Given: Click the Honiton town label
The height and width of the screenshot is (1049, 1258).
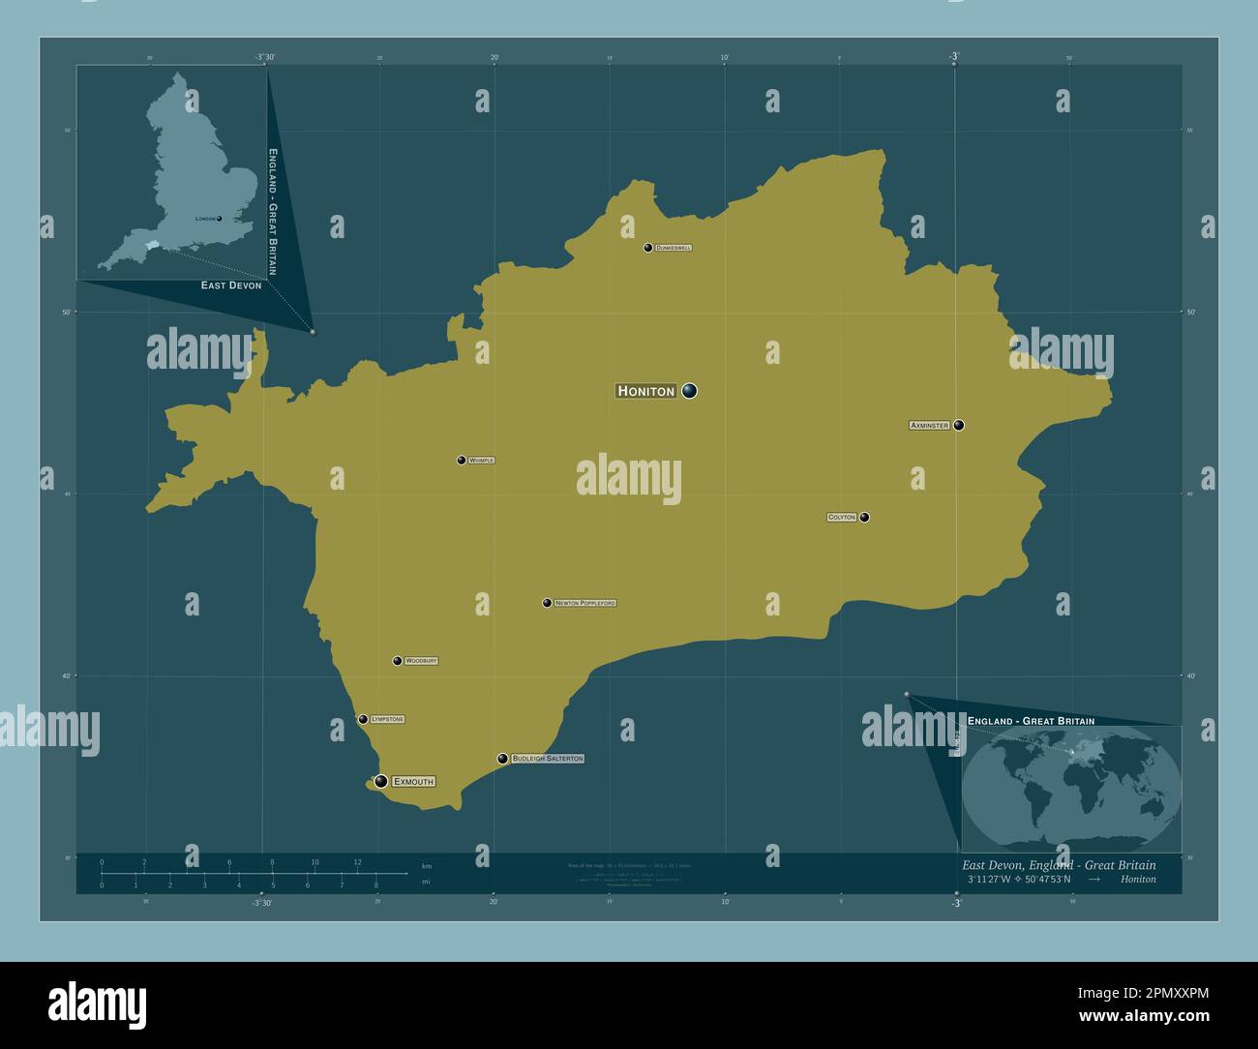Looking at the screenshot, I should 645,391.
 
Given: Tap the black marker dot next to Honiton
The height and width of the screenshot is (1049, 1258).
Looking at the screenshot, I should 689,391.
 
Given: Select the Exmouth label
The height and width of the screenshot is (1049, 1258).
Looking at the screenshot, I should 413,781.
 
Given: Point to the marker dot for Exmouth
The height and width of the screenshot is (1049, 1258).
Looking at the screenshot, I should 381,781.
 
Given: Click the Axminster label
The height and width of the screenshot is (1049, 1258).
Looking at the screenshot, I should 929,426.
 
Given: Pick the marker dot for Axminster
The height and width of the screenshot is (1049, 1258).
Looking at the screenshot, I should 959,425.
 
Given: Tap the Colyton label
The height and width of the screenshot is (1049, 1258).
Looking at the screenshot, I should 842,518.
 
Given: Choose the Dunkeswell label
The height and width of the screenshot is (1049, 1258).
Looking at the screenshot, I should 674,248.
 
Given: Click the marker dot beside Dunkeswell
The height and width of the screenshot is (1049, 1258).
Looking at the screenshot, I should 647,248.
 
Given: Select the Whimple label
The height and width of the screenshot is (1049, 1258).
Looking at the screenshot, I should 481,461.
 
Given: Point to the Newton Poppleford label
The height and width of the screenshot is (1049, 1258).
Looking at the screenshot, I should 585,603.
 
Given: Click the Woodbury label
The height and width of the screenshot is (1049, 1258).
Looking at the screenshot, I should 421,661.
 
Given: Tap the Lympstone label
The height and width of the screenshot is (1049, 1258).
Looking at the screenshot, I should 387,720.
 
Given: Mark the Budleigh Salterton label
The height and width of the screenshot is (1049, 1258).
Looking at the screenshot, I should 548,759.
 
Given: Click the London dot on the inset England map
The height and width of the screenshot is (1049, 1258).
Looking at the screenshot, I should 220,219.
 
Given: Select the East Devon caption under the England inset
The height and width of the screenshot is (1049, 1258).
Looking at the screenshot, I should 231,285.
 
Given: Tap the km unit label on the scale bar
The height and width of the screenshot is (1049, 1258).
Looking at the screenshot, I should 427,864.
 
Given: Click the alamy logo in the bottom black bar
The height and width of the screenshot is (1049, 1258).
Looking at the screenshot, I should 97,1004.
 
